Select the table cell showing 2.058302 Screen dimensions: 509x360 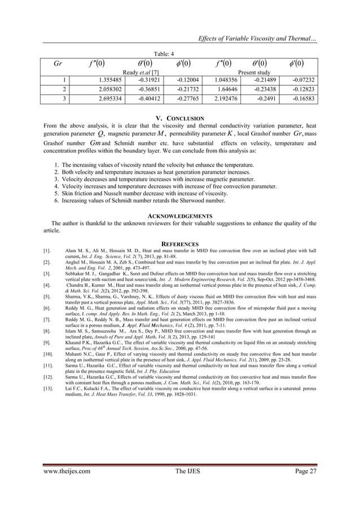click(x=111, y=90)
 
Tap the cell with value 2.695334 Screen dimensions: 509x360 click(x=111, y=99)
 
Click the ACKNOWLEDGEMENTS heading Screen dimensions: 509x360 click(x=179, y=216)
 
